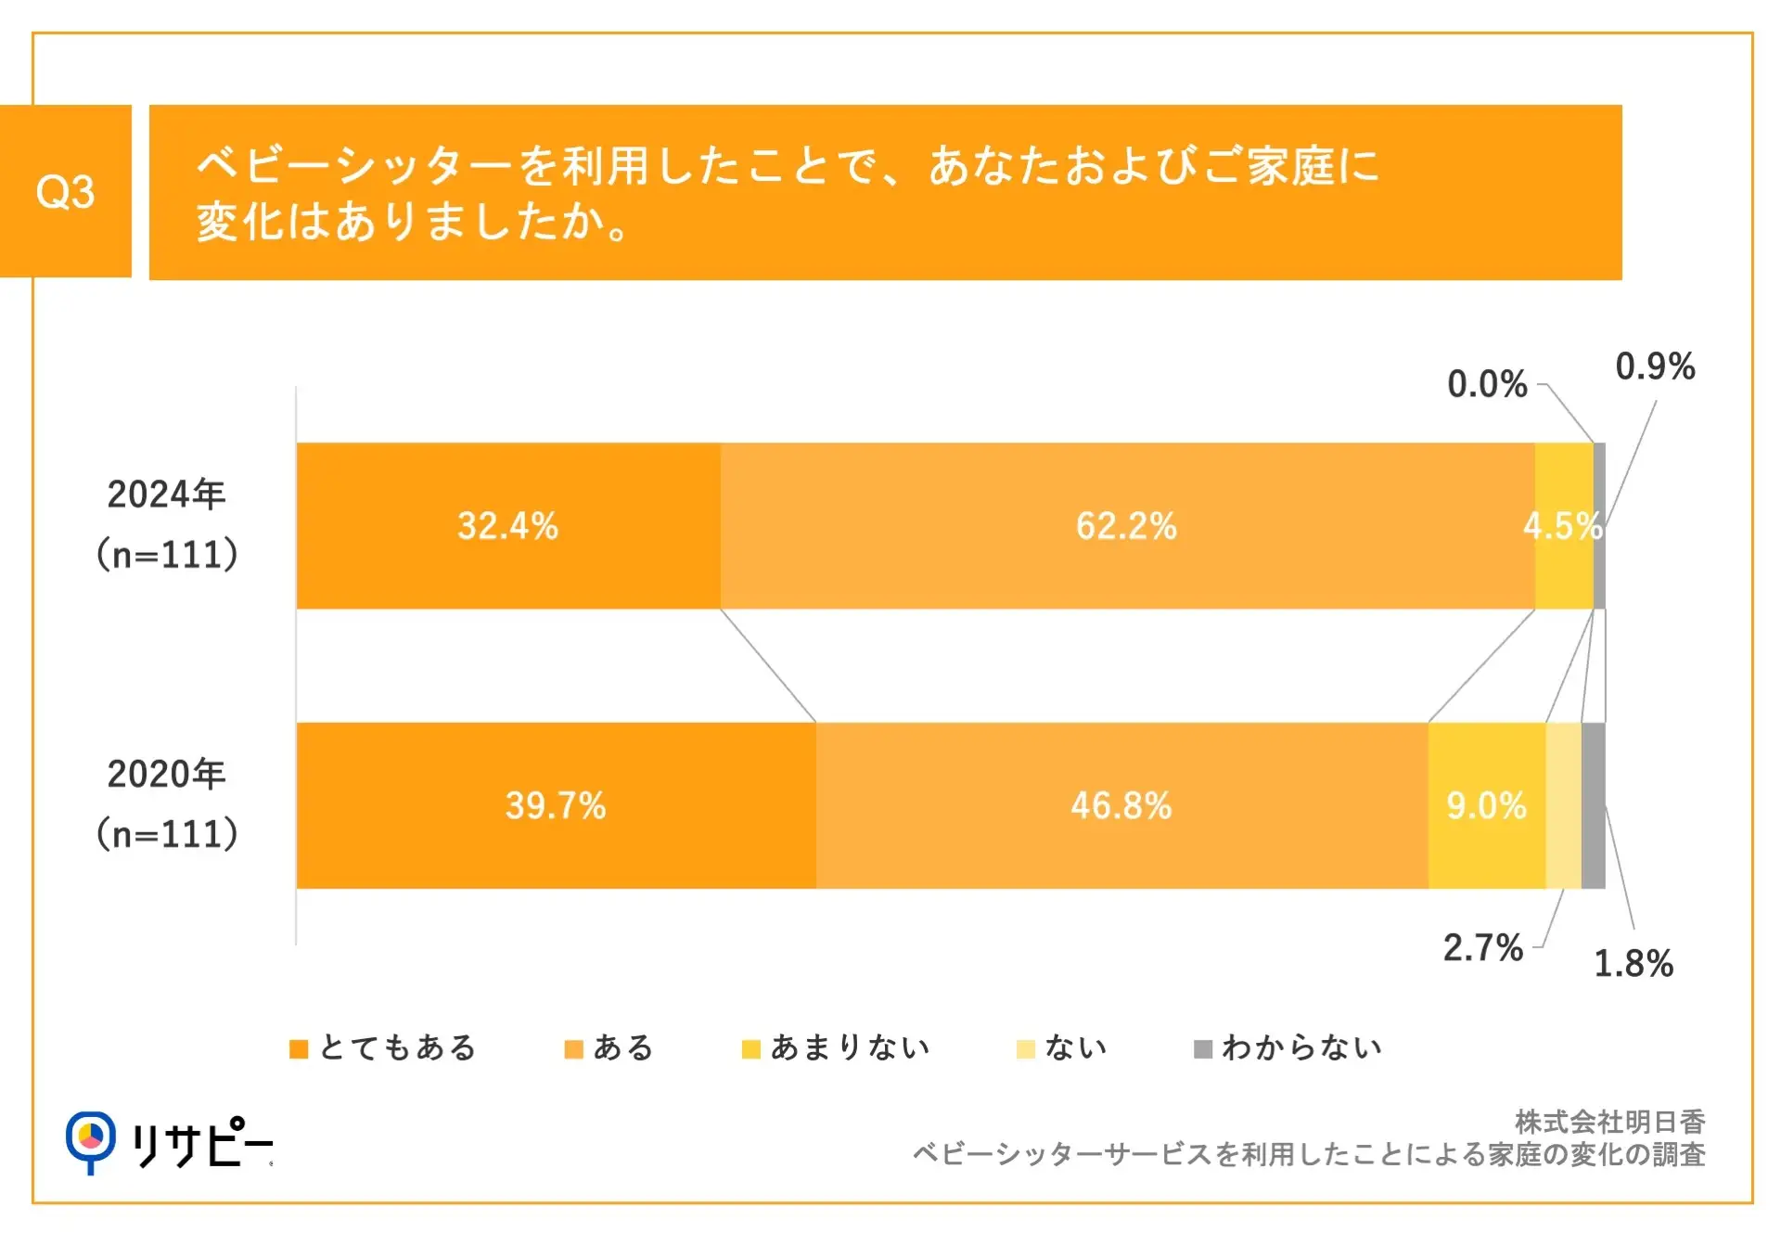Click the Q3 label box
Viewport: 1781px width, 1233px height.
pyautogui.click(x=65, y=191)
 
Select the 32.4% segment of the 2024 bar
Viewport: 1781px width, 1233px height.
pyautogui.click(x=507, y=526)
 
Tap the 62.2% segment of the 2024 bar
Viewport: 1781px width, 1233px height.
pyautogui.click(x=1126, y=526)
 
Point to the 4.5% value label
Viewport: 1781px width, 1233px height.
pyautogui.click(x=1562, y=526)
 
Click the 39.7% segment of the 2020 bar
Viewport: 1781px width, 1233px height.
pyautogui.click(x=555, y=805)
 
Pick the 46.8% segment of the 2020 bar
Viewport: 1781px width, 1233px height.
pyautogui.click(x=1121, y=805)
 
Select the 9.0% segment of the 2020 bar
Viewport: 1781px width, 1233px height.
pyautogui.click(x=1486, y=805)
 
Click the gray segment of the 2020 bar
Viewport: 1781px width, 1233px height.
pyautogui.click(x=1593, y=805)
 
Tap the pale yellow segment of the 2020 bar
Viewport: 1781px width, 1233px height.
pyautogui.click(x=1563, y=805)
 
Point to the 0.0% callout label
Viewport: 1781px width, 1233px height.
pyautogui.click(x=1487, y=384)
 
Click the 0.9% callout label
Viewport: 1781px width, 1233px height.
pyautogui.click(x=1655, y=366)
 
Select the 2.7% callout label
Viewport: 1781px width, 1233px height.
pyautogui.click(x=1482, y=947)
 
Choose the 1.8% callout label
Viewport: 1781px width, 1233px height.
pyautogui.click(x=1633, y=963)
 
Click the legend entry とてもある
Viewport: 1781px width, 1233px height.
pyautogui.click(x=383, y=1047)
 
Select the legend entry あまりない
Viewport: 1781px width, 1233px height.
pyautogui.click(x=836, y=1047)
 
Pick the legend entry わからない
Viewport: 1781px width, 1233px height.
pyautogui.click(x=1288, y=1047)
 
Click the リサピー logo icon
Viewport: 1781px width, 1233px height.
pyautogui.click(x=91, y=1140)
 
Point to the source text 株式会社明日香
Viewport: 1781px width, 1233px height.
pyautogui.click(x=1609, y=1122)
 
